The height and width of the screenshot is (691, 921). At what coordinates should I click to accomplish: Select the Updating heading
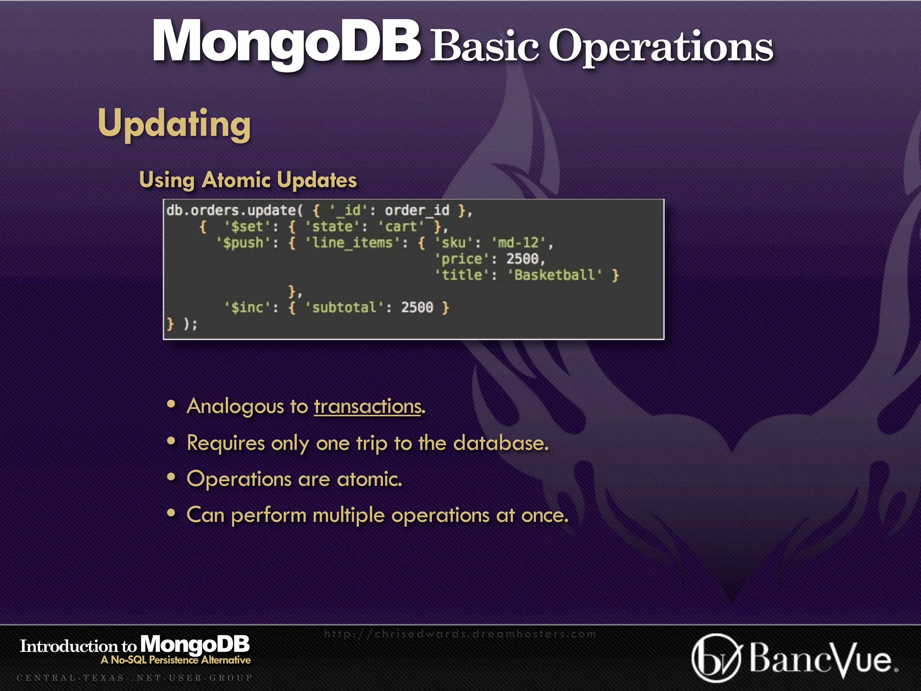pos(174,124)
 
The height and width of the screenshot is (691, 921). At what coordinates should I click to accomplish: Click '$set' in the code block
pos(247,227)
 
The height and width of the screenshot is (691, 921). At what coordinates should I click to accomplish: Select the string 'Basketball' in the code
pos(554,275)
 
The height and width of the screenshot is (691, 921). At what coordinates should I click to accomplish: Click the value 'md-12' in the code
pos(518,243)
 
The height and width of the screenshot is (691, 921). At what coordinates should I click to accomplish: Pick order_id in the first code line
pos(417,211)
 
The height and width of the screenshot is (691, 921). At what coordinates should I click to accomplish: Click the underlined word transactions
pos(367,406)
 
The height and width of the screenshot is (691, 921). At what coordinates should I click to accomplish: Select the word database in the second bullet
pos(501,443)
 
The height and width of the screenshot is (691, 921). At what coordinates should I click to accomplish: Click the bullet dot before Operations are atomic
pos(171,477)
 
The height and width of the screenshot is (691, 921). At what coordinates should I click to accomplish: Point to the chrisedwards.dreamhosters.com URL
pos(460,634)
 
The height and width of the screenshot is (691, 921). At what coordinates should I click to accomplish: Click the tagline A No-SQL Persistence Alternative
pos(176,660)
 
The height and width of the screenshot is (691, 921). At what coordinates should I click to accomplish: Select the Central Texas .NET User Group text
pos(134,678)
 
